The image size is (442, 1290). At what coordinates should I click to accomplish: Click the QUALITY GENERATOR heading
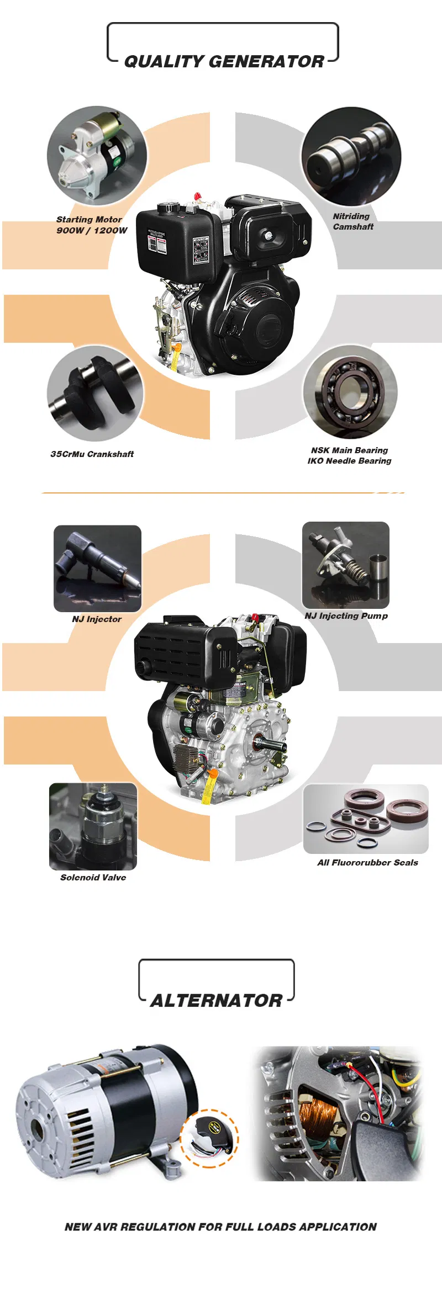[223, 61]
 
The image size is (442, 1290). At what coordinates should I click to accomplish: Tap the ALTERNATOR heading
[216, 1000]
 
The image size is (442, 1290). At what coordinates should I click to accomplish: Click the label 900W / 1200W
[92, 230]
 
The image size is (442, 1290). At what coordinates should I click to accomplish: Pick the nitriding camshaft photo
[351, 156]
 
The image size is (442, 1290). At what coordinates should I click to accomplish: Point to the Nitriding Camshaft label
[352, 221]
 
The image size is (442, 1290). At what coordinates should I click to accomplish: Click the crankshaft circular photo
[95, 393]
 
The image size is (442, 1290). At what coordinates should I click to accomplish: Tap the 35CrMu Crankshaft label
[92, 454]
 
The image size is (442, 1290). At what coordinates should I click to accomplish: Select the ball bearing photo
[350, 392]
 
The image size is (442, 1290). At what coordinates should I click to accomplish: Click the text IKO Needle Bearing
[349, 460]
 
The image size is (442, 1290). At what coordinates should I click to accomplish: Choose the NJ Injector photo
[97, 568]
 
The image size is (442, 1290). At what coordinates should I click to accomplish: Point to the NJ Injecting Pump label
[346, 615]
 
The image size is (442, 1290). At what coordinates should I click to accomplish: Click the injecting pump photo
[345, 565]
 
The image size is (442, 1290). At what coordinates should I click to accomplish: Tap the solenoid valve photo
[93, 826]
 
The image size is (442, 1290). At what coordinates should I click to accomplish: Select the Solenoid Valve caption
[93, 877]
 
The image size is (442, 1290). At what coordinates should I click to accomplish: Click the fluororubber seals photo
[366, 819]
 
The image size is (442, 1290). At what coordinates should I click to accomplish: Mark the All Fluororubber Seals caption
[367, 862]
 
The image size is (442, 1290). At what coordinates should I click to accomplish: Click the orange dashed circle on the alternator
[211, 1138]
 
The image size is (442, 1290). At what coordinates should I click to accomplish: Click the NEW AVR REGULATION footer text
[220, 1227]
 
